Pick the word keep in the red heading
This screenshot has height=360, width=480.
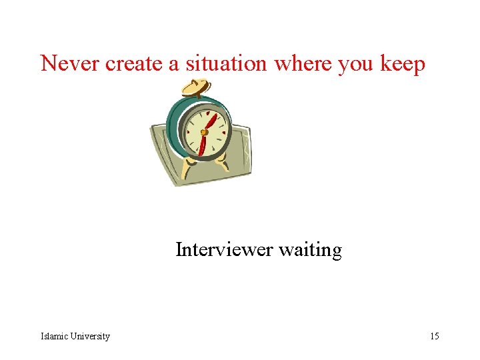click(x=403, y=65)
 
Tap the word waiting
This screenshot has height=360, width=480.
click(x=310, y=251)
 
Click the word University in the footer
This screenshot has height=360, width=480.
click(x=89, y=336)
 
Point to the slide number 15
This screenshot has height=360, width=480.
click(x=434, y=336)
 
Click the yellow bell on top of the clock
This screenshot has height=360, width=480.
click(x=196, y=87)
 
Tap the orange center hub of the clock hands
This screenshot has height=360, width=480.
click(x=204, y=132)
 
